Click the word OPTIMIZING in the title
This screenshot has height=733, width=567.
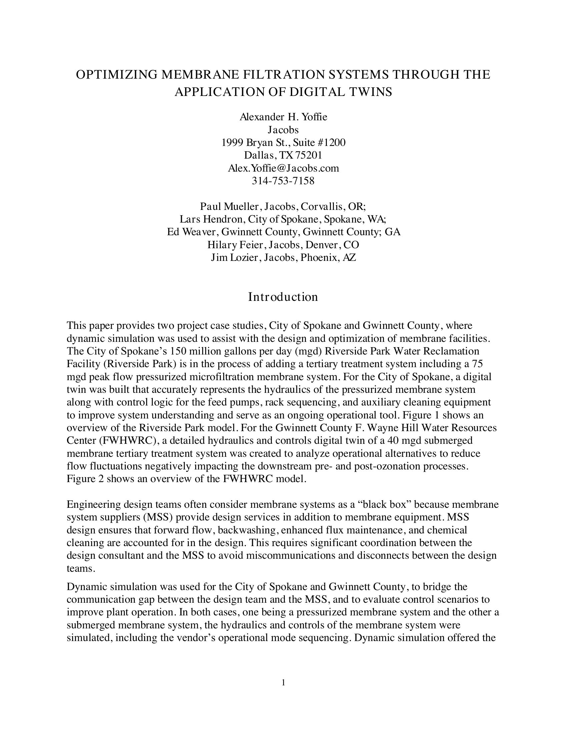click(116, 75)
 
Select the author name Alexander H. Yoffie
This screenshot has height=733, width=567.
click(283, 117)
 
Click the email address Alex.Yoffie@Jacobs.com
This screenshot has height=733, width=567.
click(283, 168)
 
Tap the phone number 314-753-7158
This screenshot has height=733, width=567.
click(283, 181)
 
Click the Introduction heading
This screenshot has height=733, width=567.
click(283, 297)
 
